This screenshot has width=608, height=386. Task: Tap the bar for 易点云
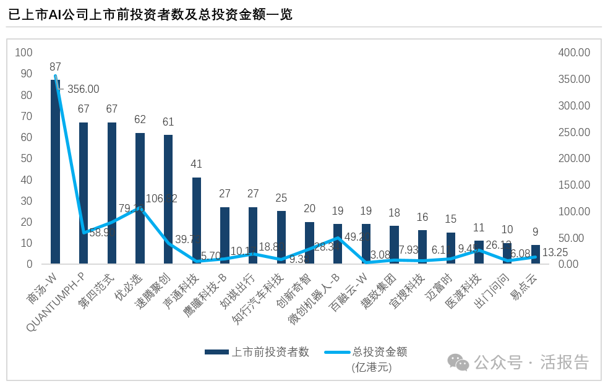click(536, 255)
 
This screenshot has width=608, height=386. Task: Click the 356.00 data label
click(83, 89)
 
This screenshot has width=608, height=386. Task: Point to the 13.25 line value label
click(555, 252)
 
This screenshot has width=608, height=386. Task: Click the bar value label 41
click(197, 164)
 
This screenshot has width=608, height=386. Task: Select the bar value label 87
click(56, 67)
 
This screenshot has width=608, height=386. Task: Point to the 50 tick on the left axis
click(26, 158)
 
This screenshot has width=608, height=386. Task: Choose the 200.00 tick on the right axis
click(574, 158)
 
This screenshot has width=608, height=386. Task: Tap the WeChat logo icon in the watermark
click(458, 362)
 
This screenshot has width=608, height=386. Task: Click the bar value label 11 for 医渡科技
click(479, 228)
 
